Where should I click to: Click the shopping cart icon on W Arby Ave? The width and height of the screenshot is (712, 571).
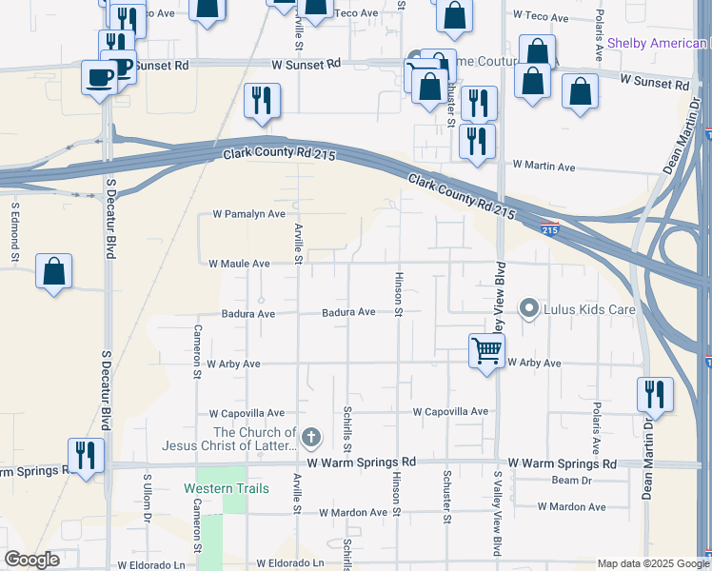pos(486,351)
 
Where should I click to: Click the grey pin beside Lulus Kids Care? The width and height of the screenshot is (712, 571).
pos(528,308)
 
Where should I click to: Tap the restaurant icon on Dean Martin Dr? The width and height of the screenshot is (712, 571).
pos(654,393)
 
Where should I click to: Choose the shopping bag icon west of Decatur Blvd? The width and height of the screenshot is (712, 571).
pos(54,271)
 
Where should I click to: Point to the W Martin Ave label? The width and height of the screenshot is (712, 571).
pos(544,166)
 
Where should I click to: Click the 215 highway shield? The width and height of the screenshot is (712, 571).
pos(550,229)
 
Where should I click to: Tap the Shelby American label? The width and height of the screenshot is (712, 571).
pos(658,43)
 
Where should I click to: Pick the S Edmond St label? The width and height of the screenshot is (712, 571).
pos(15,229)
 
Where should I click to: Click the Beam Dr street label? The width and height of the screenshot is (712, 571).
pos(571,481)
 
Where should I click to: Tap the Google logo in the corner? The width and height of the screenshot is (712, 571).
pos(31,560)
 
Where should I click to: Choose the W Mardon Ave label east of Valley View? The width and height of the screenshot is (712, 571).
pos(578,507)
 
